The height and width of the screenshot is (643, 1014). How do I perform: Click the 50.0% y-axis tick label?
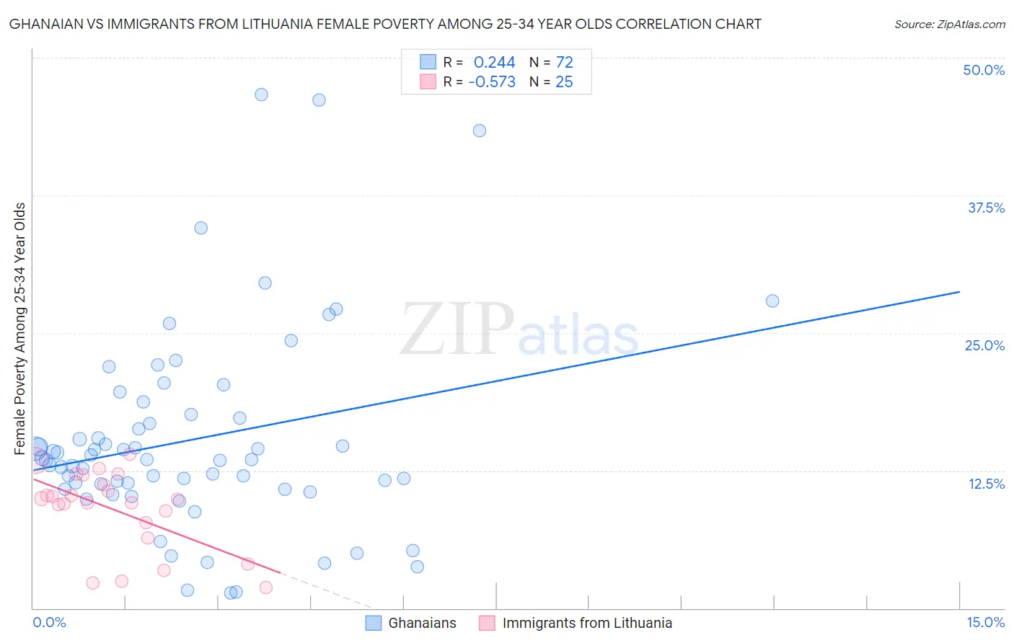click(x=984, y=70)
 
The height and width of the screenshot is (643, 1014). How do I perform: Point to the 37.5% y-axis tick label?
click(x=986, y=208)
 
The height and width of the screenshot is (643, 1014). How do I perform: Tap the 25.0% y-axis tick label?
click(x=984, y=345)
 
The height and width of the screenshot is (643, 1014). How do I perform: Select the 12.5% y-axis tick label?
click(x=986, y=484)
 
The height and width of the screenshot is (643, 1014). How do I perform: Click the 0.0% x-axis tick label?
click(x=49, y=622)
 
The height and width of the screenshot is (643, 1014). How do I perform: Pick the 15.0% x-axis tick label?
click(x=985, y=622)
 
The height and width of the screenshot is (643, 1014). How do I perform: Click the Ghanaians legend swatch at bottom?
click(x=373, y=623)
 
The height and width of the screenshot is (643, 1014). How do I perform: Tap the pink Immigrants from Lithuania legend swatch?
click(x=487, y=623)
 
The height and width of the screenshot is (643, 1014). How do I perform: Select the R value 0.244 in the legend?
click(x=494, y=63)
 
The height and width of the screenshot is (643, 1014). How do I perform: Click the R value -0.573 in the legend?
click(x=492, y=82)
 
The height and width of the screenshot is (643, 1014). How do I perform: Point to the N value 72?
click(x=564, y=63)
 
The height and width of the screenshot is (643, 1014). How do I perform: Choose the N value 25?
click(x=564, y=82)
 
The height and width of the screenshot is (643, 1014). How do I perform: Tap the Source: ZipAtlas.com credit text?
click(x=949, y=24)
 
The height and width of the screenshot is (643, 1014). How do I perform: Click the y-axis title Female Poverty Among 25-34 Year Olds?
click(x=19, y=329)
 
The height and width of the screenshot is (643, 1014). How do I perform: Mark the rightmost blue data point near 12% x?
click(x=772, y=301)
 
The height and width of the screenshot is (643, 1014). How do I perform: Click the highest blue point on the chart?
click(x=261, y=94)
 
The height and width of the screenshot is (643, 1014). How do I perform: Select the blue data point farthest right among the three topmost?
click(x=479, y=130)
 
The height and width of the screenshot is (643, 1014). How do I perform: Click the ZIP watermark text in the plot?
click(x=457, y=329)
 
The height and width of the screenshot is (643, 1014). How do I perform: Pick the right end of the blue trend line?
click(x=959, y=292)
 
